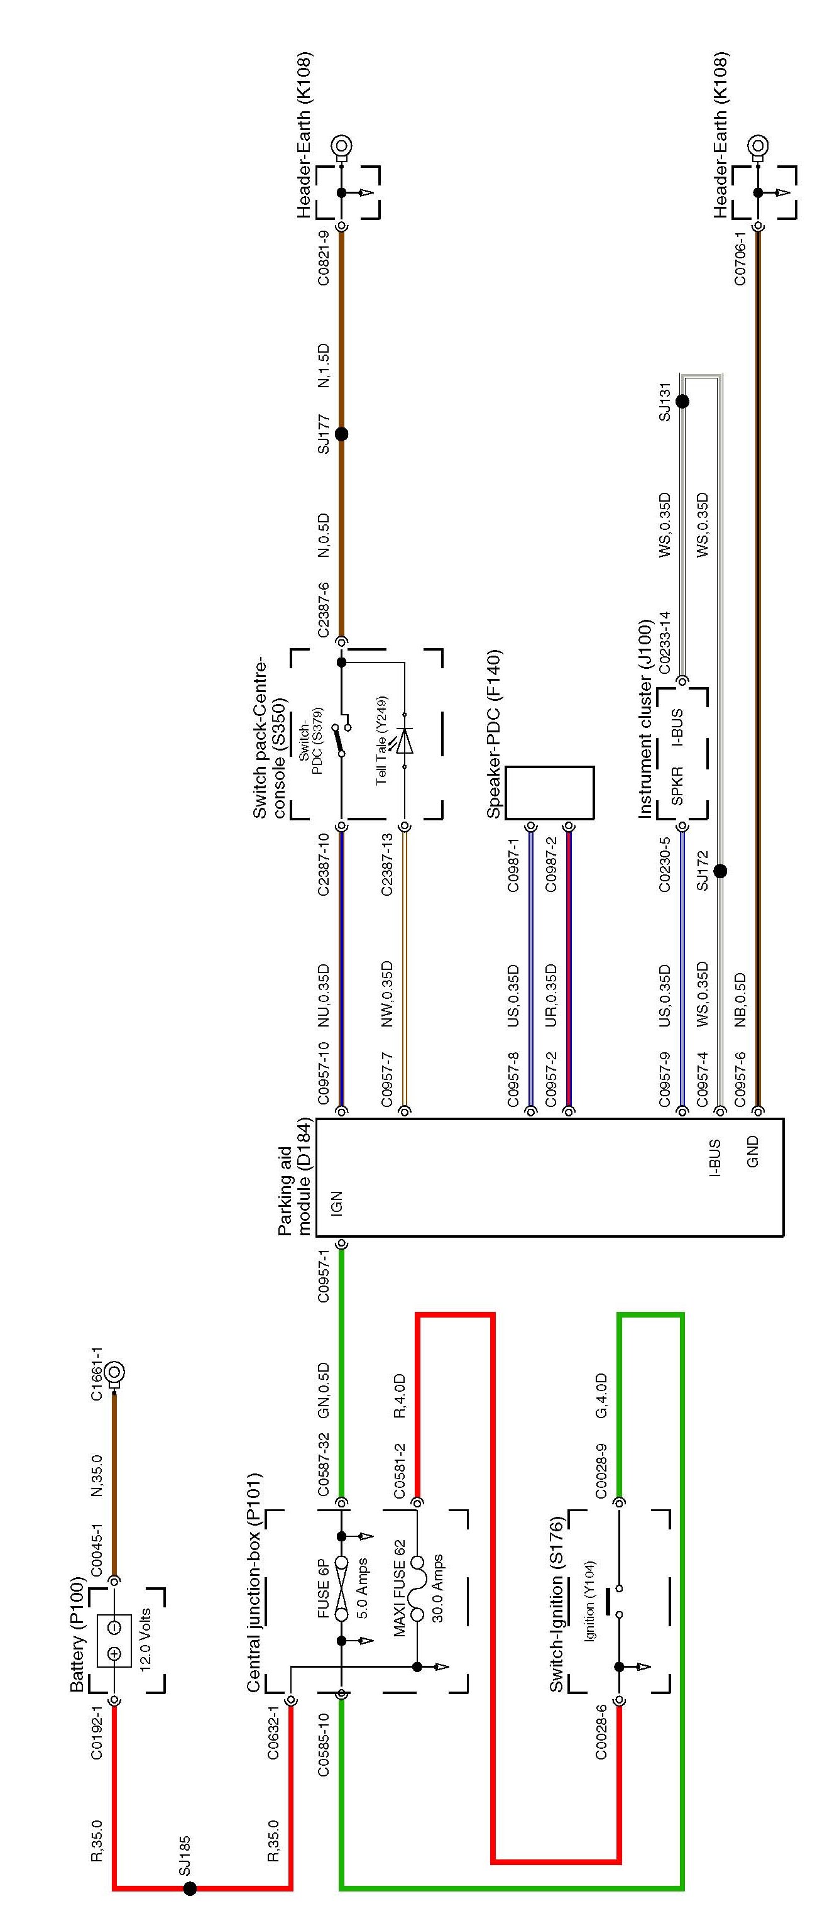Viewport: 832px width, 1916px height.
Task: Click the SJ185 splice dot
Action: click(x=190, y=1888)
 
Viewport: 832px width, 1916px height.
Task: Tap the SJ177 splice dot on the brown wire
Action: click(x=341, y=434)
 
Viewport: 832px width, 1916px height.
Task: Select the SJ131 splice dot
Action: click(x=682, y=402)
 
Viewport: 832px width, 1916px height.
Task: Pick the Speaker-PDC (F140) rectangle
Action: click(x=549, y=793)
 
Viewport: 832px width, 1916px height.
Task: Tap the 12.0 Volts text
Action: click(x=145, y=1629)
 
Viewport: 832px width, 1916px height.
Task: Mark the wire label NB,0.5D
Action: click(x=740, y=999)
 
